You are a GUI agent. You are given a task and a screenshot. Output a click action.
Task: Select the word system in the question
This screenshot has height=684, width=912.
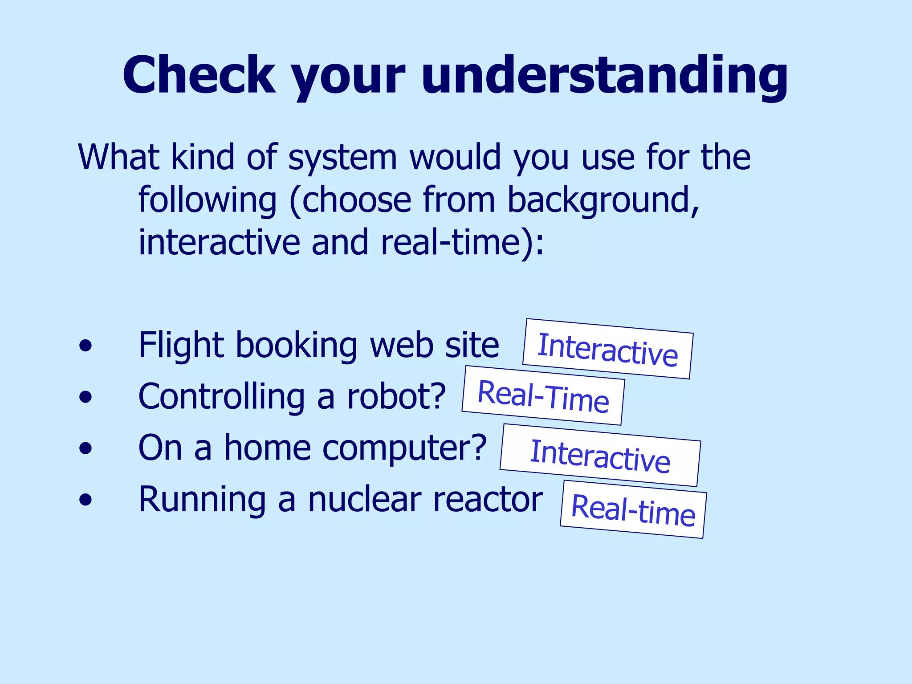click(x=342, y=158)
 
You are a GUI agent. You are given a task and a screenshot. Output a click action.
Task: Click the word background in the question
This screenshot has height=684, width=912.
click(x=603, y=200)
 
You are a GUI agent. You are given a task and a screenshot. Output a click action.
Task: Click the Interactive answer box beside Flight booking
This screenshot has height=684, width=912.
click(x=608, y=349)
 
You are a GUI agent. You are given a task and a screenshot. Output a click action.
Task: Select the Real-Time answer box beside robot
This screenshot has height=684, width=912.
click(x=543, y=395)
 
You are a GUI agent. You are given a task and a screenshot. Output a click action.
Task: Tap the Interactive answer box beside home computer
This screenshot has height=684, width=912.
click(x=600, y=455)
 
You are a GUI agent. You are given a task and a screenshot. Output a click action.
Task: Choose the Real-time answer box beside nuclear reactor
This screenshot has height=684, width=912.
click(x=633, y=509)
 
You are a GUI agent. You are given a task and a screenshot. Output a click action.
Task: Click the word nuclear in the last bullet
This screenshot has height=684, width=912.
click(x=365, y=500)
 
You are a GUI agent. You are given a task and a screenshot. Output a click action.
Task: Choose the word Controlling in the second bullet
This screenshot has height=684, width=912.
click(x=221, y=397)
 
